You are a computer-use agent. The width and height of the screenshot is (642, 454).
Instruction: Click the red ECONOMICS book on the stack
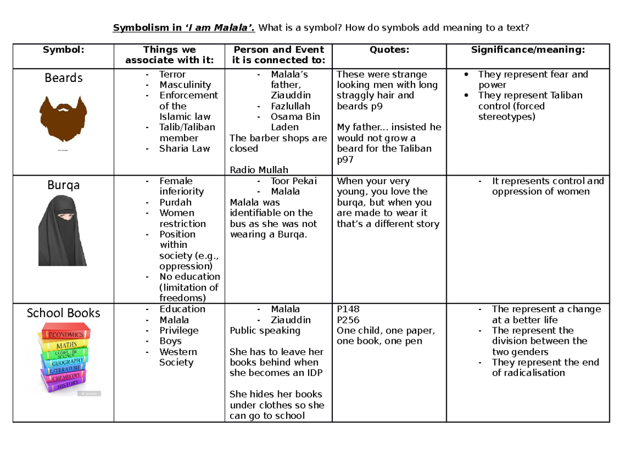click(64, 334)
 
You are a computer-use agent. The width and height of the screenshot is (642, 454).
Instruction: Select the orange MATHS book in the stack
click(65, 345)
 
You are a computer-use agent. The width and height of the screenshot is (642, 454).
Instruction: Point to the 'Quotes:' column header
click(389, 50)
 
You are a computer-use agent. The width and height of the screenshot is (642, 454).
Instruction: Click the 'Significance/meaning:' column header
click(528, 50)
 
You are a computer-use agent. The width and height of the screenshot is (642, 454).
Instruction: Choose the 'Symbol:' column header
click(63, 50)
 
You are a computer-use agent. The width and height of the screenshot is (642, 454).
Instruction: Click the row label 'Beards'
click(63, 78)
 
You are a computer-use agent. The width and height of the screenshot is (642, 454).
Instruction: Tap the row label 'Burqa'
click(63, 185)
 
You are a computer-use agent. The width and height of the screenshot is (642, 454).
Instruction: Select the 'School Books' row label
click(63, 313)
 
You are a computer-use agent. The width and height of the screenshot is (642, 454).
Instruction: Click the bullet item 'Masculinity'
click(185, 85)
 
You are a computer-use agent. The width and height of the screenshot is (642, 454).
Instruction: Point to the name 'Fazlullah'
click(291, 106)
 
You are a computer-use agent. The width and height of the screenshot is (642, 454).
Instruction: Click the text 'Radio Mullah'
click(259, 170)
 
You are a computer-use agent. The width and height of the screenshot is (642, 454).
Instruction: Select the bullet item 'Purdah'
click(175, 202)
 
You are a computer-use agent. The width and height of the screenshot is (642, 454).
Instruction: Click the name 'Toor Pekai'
click(293, 181)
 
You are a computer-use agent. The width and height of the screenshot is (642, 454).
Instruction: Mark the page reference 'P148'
click(348, 309)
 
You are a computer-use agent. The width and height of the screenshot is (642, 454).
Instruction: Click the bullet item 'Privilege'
click(179, 330)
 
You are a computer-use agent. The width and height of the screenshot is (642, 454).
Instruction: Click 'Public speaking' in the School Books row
click(265, 330)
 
